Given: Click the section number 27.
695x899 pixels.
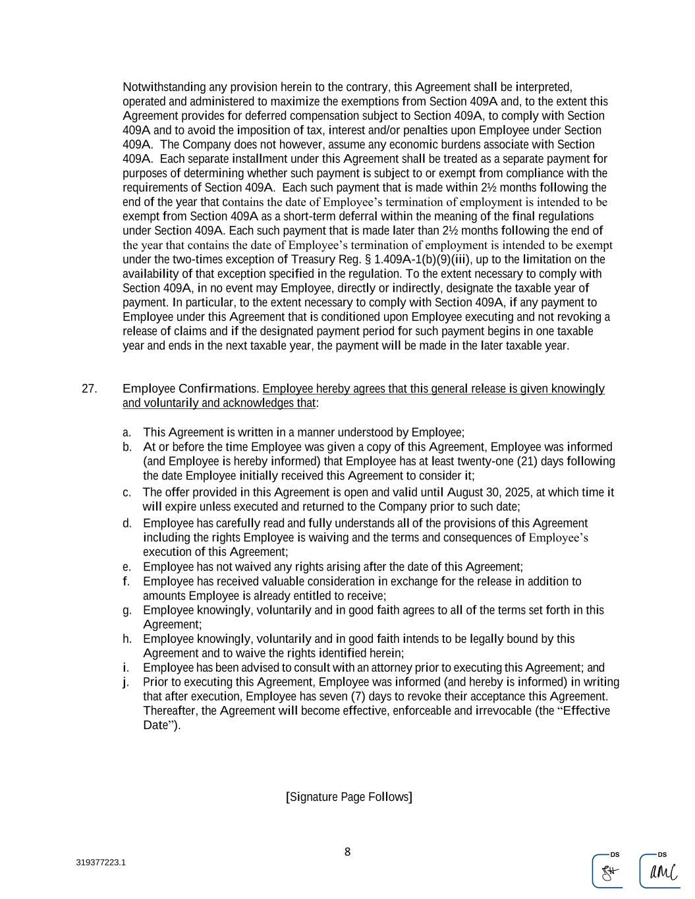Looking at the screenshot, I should pos(89,389).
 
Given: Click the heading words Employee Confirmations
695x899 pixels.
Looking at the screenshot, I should pos(190,389).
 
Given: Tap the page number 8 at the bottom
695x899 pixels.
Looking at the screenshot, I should pos(347,852).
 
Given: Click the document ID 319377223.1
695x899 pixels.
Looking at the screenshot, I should pos(101,863).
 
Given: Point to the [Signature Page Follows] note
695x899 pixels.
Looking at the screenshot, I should pos(348,797).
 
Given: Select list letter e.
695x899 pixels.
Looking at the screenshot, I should pos(126,567).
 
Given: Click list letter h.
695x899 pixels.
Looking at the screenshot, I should pos(126,639).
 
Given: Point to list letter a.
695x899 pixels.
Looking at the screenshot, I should pos(126,433).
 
